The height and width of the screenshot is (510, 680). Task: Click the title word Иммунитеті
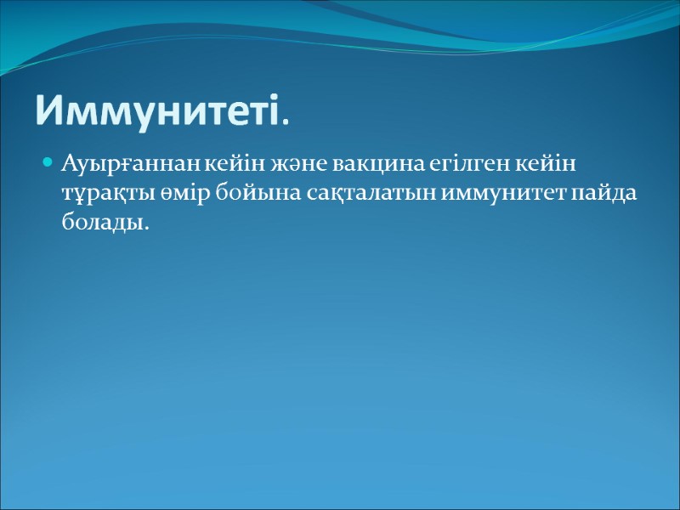click(x=156, y=109)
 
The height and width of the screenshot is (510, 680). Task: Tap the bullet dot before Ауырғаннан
click(x=48, y=161)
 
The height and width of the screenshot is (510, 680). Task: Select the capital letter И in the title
click(x=48, y=109)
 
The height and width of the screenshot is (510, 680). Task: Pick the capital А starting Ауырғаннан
click(x=68, y=162)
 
